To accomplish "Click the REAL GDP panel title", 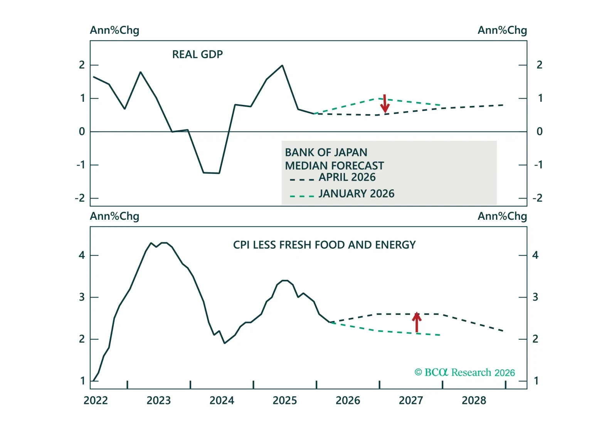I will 197,54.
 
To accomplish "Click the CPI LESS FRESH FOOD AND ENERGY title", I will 324,245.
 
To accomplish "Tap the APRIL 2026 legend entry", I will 347,177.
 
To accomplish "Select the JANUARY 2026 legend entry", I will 356,194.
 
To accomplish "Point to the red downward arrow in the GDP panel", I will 385,104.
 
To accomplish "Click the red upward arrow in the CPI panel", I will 417,322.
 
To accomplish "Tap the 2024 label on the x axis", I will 222,401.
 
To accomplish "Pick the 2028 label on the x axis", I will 474,401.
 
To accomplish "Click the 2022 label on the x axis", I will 96,401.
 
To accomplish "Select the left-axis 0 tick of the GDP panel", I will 82,132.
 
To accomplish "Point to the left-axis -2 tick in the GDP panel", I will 80,198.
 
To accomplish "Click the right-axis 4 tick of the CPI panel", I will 535,255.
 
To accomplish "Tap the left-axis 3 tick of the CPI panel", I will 82,297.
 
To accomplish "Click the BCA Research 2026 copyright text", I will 464,372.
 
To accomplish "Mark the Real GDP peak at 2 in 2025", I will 283,66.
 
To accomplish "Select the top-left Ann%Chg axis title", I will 114,30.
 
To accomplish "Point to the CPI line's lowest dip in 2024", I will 225,343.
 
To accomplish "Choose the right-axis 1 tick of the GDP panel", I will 540,98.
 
